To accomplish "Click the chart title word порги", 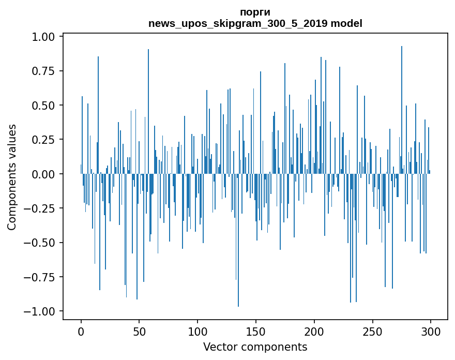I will (255, 12).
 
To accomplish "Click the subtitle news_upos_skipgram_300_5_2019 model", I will (255, 23).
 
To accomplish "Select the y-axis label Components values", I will (11, 177).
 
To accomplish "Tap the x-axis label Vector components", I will (255, 347).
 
